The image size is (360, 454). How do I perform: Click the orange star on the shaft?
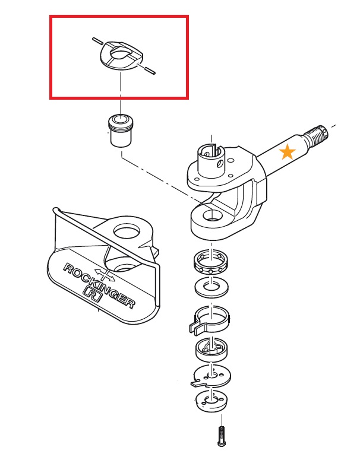[287, 152]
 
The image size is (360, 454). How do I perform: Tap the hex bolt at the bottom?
[222, 436]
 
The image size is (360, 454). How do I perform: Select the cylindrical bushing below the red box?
[121, 131]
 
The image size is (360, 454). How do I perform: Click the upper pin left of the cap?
[97, 40]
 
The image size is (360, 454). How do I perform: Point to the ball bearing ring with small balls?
[211, 262]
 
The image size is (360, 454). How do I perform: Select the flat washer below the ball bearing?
[211, 287]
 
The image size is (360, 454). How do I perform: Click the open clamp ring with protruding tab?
[209, 322]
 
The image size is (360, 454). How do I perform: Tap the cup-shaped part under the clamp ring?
[211, 350]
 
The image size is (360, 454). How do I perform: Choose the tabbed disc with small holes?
[211, 376]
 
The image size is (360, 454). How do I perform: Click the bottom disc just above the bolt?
[211, 401]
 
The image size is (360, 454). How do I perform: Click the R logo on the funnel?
[93, 294]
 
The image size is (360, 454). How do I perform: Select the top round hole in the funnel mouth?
[127, 231]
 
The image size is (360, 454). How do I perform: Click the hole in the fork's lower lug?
[213, 215]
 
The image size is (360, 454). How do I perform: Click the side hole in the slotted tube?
[220, 164]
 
